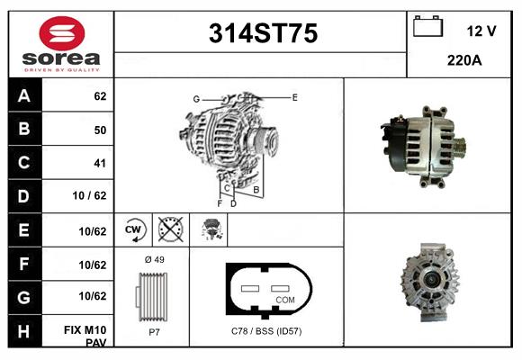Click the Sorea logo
[60, 44]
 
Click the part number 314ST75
[262, 34]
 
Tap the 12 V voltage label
[481, 31]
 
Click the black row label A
[23, 95]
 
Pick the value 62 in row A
[100, 95]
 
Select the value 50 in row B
[100, 130]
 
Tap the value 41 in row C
[100, 163]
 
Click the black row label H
[23, 331]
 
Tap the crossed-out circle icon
[168, 229]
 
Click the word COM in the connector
[284, 299]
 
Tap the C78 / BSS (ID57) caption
[266, 332]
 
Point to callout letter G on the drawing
[195, 98]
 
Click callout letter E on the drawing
[294, 96]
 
